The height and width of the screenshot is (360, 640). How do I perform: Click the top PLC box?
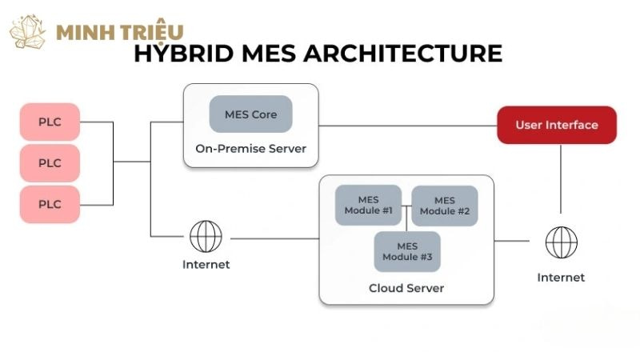[x=50, y=122]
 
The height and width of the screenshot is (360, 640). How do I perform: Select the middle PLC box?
[x=50, y=162]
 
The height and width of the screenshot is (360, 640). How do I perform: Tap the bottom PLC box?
[x=50, y=204]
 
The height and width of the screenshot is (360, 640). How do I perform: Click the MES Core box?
[x=250, y=114]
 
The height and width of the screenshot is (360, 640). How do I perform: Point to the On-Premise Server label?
[x=250, y=149]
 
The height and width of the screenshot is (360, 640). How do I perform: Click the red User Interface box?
[x=557, y=125]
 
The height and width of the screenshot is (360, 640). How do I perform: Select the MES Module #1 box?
[x=368, y=205]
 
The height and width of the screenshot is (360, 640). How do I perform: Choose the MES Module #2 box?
[x=445, y=205]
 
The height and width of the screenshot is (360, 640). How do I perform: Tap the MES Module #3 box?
[x=407, y=251]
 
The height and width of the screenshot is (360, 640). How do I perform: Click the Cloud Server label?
[x=406, y=288]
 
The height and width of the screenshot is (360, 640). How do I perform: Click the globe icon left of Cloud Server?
[x=206, y=237]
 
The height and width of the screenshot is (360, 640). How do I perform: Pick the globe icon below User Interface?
[x=561, y=242]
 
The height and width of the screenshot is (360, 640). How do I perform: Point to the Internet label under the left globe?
[x=206, y=265]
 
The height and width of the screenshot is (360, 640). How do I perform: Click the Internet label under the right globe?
[x=561, y=278]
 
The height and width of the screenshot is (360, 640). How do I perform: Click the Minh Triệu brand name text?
[x=120, y=32]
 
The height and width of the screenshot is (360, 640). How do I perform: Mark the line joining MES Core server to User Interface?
[x=408, y=126]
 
